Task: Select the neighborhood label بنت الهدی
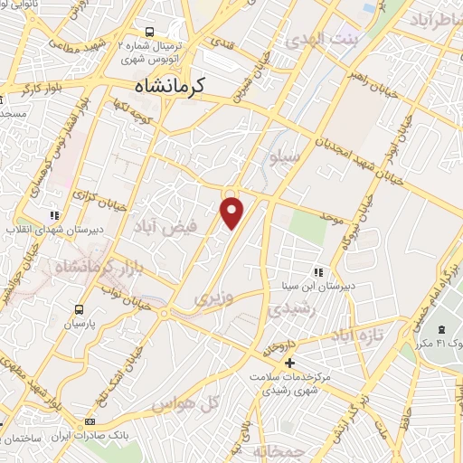(321, 39)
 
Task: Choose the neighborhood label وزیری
(214, 297)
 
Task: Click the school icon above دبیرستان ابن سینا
(317, 271)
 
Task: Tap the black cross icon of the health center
(289, 364)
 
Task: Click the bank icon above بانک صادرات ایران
(89, 422)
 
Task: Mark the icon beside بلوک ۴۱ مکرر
(442, 330)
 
